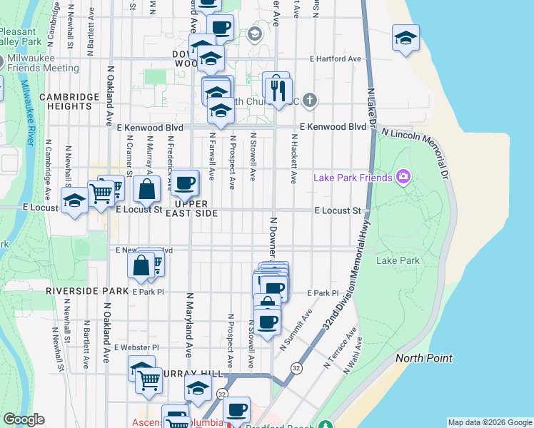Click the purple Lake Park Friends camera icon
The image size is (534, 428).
[403, 177]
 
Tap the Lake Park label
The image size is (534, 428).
[398, 261]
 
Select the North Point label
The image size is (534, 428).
[423, 358]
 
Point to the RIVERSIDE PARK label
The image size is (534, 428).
[86, 292]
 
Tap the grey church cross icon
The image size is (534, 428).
[309, 100]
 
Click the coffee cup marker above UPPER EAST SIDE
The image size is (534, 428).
[185, 183]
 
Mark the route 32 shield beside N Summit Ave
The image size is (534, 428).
[295, 367]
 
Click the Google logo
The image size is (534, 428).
[24, 419]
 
